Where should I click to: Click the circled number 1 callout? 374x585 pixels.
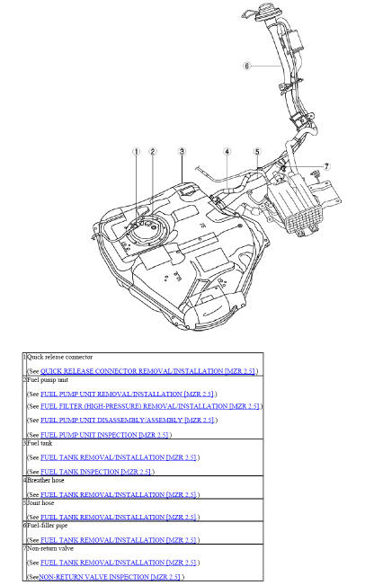(x=137, y=152)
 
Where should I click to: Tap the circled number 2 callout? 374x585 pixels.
(x=153, y=152)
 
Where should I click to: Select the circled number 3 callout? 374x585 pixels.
(x=182, y=152)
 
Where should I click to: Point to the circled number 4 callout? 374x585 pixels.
(x=227, y=152)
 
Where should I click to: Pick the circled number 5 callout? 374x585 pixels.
(x=257, y=152)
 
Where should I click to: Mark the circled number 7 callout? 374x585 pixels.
(x=326, y=167)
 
